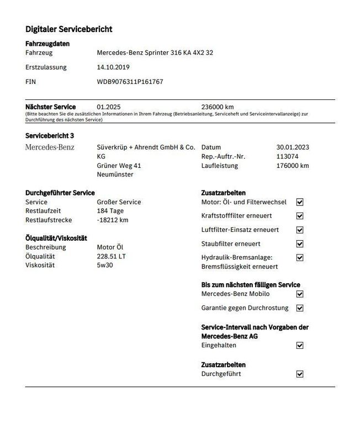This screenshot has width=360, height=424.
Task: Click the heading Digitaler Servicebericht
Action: tap(69, 29)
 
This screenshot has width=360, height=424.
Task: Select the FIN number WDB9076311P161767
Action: tap(130, 82)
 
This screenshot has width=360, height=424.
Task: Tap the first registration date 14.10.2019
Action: tap(113, 67)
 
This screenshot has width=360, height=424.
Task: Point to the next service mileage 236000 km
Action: tap(218, 107)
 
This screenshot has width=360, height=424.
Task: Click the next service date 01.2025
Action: tap(108, 107)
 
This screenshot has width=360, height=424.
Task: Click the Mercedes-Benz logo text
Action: tap(50, 147)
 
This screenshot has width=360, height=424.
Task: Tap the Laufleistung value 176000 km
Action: tap(293, 165)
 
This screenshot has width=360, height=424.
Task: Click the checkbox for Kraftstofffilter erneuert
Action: tap(300, 216)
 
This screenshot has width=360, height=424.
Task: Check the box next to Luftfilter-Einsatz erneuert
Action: tap(300, 230)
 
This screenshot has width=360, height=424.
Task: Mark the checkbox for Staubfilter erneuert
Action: tap(300, 243)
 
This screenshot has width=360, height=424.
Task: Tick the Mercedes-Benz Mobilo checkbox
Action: tap(300, 294)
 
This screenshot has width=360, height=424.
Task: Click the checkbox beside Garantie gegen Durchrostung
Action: tap(300, 308)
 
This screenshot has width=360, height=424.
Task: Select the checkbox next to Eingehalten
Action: tap(300, 345)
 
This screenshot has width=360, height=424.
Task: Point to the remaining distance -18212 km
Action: tap(113, 220)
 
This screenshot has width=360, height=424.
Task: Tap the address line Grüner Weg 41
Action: tap(119, 165)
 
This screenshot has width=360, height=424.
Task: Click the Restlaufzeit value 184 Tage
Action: tap(110, 211)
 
